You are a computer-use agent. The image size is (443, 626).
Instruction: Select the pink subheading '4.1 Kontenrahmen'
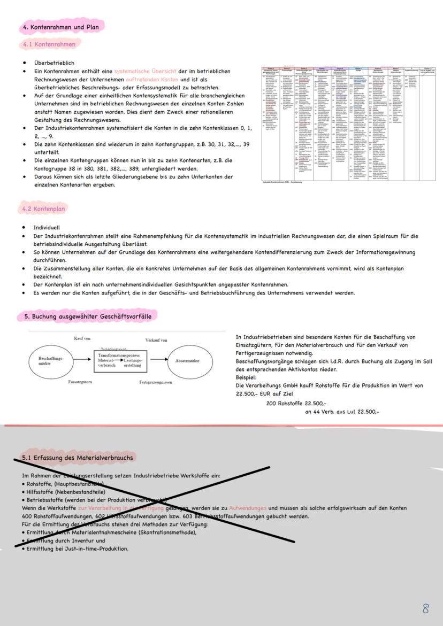pos(49,44)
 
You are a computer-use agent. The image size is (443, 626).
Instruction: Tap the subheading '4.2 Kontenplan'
pos(44,208)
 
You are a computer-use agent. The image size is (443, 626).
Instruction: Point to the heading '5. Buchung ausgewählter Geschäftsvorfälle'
pos(88,316)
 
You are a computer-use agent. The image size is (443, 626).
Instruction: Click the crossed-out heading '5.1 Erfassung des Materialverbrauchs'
pos(78,458)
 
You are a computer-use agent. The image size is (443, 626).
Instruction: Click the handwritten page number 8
pos(426,608)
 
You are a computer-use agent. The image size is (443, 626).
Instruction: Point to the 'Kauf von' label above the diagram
pos(82,338)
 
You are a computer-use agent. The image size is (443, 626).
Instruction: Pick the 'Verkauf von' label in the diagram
pos(156,340)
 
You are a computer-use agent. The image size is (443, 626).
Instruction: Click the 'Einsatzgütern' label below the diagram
pos(80,382)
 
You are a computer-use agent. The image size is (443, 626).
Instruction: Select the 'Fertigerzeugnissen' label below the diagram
pos(156,382)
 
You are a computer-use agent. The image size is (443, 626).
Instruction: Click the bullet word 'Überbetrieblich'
pos(54,63)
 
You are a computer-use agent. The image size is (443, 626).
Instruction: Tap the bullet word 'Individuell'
pos(47,228)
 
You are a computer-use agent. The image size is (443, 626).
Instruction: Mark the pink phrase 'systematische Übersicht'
pos(145,71)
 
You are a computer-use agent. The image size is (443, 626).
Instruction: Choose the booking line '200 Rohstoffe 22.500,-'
pos(296,404)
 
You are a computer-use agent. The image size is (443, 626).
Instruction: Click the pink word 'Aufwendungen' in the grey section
pos(248,508)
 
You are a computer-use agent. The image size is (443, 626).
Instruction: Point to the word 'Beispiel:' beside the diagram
pos(246,377)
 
